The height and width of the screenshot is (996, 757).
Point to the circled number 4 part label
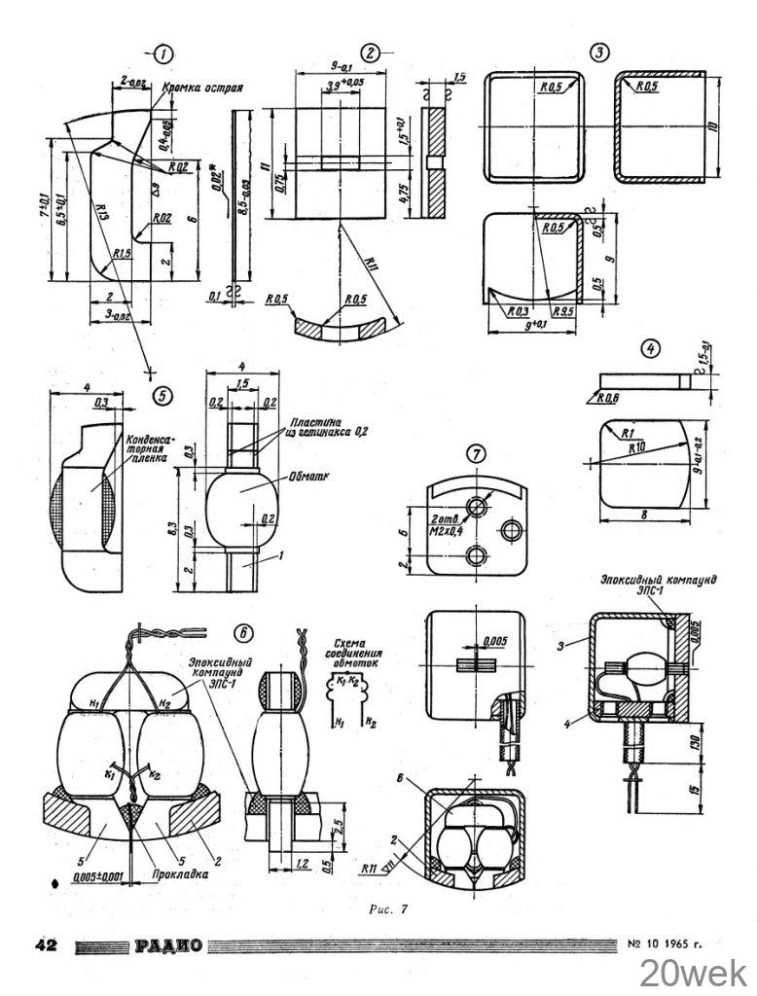[x=650, y=346]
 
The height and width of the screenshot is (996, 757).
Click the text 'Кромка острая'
[x=203, y=87]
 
